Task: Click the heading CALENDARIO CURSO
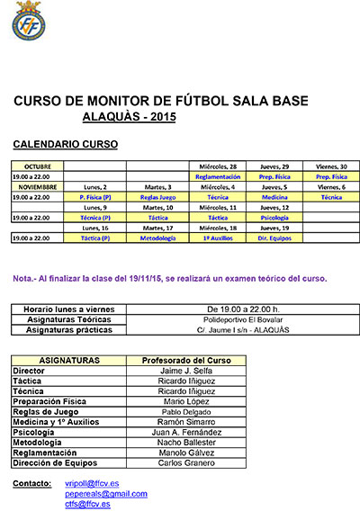(66, 144)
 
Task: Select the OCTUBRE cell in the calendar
(38, 166)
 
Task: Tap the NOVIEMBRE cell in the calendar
(38, 186)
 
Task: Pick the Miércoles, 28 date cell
(216, 166)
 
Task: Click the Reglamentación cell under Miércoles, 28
(216, 176)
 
